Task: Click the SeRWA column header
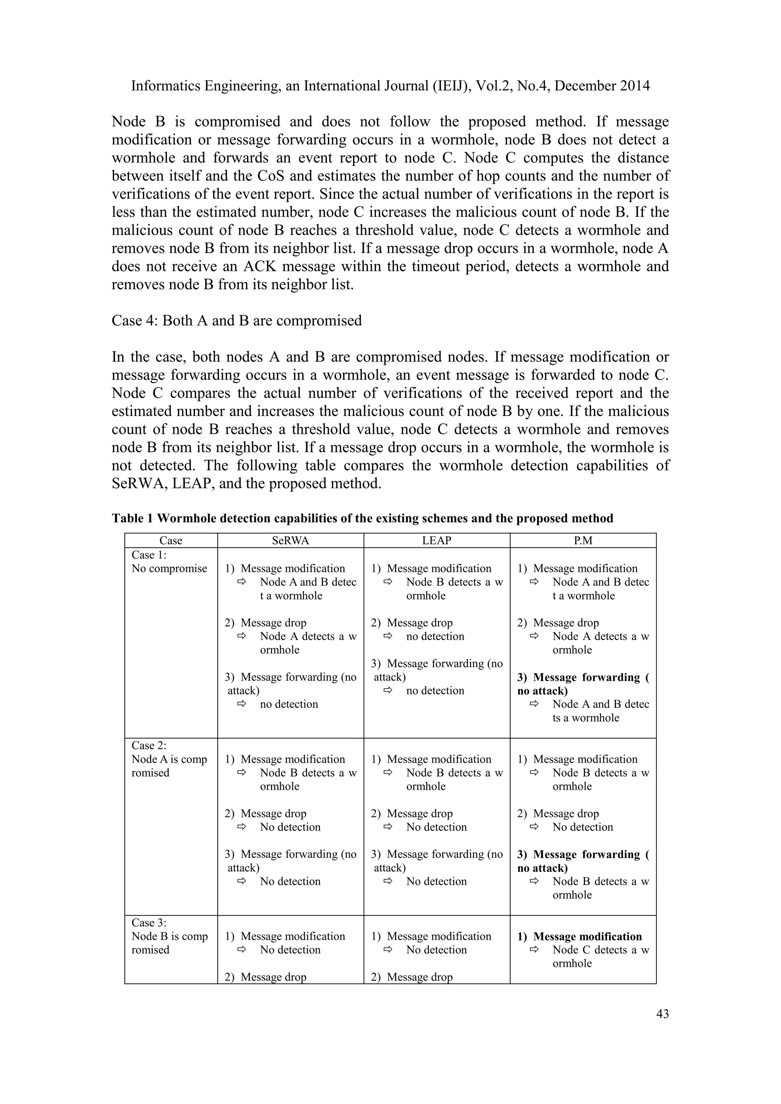[291, 541]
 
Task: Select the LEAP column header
[437, 541]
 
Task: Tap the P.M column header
[583, 541]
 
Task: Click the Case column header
[171, 541]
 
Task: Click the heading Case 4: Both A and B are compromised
[236, 321]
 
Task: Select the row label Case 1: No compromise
[169, 562]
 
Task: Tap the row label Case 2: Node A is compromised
[169, 759]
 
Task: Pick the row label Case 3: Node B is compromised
[169, 936]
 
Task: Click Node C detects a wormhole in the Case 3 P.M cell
[601, 950]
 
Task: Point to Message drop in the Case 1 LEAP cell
[419, 623]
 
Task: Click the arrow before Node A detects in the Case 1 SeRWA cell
[241, 637]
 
